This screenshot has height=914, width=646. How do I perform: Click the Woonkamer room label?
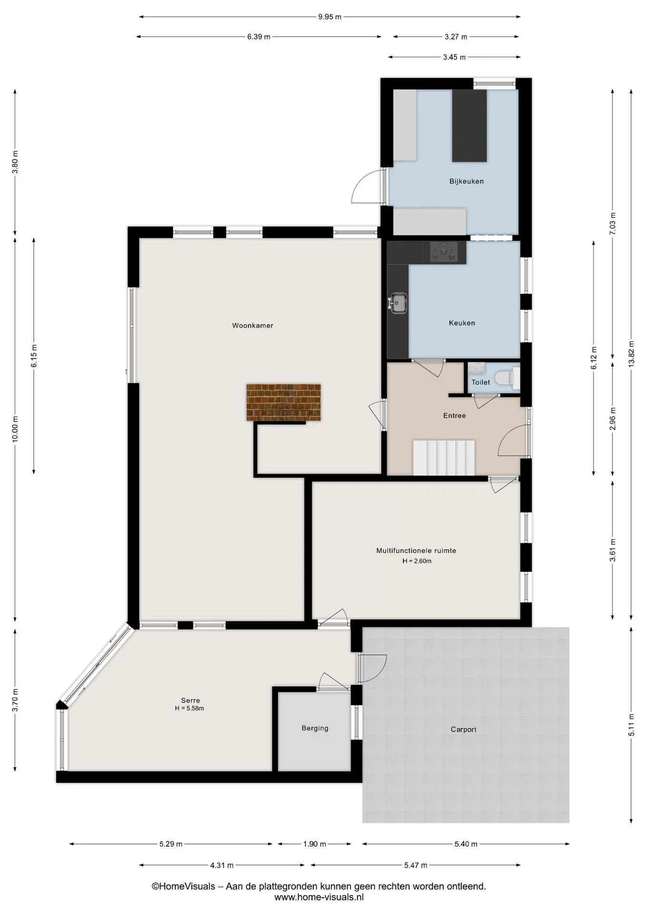tap(253, 326)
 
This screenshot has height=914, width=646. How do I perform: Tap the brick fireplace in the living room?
tap(284, 402)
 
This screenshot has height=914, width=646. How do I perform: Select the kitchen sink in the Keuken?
tap(398, 303)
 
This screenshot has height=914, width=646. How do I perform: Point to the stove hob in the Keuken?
tap(444, 252)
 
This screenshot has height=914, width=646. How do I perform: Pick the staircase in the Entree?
tap(444, 457)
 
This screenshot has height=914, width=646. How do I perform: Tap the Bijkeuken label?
tap(467, 181)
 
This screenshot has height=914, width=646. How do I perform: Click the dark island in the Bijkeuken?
tap(470, 126)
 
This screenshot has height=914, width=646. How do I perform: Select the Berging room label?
tap(315, 728)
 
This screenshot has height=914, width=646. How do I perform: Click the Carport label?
tap(463, 729)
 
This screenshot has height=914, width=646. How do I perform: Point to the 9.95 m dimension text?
tap(330, 17)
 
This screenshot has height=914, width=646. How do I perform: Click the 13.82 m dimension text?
tap(631, 353)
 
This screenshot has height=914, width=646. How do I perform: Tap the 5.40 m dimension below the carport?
tap(466, 844)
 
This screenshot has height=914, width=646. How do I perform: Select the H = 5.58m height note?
tap(189, 708)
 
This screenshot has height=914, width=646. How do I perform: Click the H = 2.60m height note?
tap(417, 561)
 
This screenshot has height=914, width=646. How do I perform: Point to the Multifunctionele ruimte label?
tap(416, 551)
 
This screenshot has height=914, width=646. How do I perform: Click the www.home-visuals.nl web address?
tap(319, 897)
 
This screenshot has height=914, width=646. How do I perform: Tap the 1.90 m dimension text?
tap(314, 844)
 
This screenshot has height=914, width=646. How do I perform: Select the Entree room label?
tap(454, 416)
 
